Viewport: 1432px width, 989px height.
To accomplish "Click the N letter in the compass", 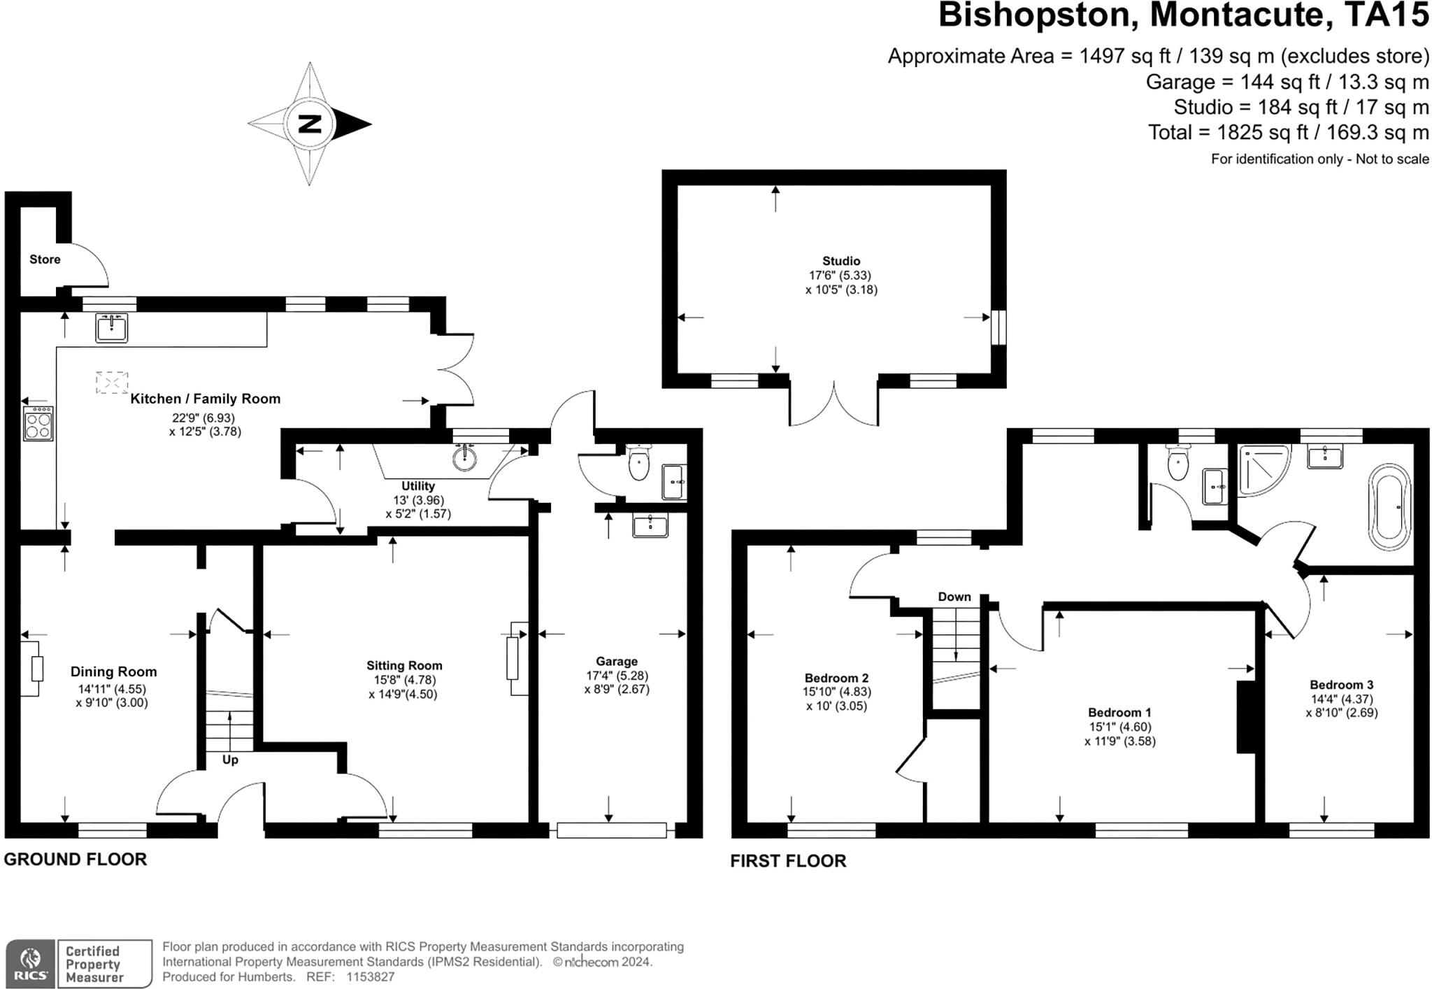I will [309, 124].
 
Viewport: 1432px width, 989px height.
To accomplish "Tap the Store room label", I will [45, 259].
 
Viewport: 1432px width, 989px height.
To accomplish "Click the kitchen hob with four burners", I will [38, 423].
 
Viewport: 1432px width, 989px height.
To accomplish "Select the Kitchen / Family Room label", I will [206, 399].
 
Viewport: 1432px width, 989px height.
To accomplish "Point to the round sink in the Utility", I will [465, 458].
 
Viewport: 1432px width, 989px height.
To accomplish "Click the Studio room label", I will [841, 261].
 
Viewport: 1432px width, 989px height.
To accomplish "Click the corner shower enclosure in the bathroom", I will [1262, 470].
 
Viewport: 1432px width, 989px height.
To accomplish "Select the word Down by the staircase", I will [954, 597].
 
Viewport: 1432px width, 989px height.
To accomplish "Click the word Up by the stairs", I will [230, 760].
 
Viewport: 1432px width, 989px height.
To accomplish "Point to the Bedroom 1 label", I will [1119, 713].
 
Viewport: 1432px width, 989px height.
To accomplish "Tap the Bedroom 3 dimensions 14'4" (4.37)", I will [1342, 699].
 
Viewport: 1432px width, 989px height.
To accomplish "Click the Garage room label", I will [617, 661].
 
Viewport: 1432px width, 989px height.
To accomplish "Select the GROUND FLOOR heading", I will [76, 860].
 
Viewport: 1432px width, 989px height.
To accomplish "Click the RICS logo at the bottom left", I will [31, 964].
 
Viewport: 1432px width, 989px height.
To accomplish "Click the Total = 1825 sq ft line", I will [1288, 132].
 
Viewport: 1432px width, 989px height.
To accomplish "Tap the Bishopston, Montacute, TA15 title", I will [1183, 15].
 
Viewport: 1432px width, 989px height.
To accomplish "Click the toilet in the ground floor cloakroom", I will [638, 463].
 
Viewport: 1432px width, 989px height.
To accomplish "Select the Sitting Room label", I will [404, 666].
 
